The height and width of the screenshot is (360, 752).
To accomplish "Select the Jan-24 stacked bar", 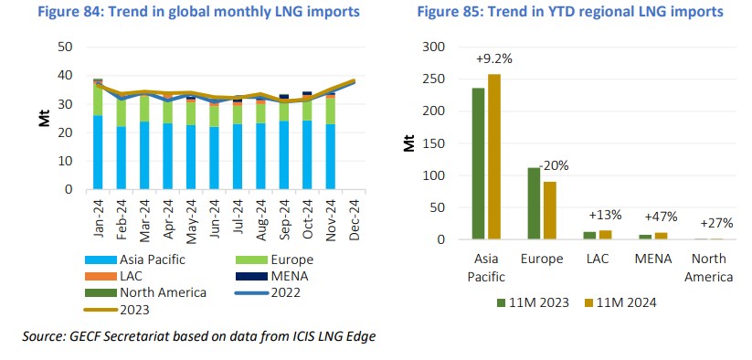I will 98,137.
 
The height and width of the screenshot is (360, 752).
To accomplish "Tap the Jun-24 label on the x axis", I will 214,213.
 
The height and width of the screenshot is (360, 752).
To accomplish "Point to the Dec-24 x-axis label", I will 353,213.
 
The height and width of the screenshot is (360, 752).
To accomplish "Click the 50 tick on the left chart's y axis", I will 66,47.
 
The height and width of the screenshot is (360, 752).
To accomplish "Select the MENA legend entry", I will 291,276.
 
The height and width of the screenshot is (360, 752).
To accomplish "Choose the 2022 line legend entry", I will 291,293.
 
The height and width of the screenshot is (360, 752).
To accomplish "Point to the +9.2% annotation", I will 494,58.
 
